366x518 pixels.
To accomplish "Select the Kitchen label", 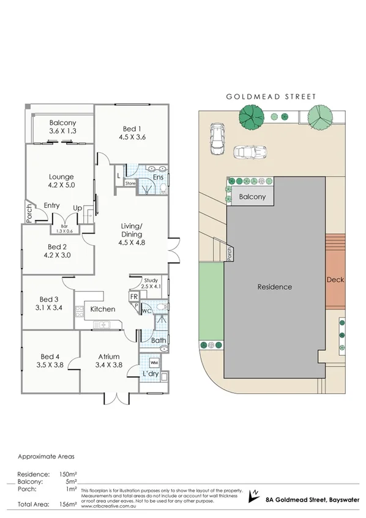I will coord(102,309).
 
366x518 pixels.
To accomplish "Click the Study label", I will coord(151,279).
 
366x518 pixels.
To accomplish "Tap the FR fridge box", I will coord(133,296).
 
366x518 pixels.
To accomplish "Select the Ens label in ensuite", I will coord(158,177).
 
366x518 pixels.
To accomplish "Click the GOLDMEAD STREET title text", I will coord(272,97).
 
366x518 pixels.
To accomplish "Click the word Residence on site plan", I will coord(274,287).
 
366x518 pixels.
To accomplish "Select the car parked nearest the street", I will coord(217,138).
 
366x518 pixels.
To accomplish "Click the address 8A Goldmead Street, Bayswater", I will coord(307,500).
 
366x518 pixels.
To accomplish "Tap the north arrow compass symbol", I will coord(255,496).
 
